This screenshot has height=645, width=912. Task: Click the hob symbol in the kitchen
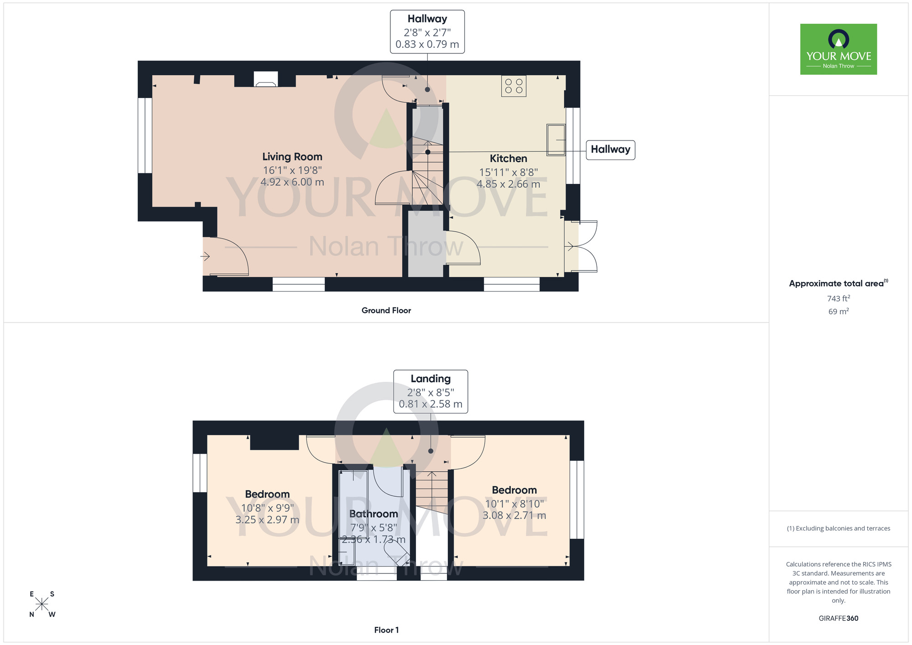[513, 86]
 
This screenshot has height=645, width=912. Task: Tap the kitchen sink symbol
[556, 140]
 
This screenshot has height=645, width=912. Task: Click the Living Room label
[292, 157]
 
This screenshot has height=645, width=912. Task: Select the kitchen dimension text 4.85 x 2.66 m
[508, 184]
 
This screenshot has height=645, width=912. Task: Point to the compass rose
[42, 604]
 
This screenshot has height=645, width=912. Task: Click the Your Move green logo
[838, 49]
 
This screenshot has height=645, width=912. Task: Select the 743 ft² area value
[838, 298]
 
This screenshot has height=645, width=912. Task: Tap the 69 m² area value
[838, 312]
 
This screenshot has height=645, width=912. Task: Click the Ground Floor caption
[386, 311]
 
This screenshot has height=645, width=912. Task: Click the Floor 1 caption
[386, 630]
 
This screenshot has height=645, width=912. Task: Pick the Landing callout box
[430, 391]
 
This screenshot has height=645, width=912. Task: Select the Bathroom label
[373, 514]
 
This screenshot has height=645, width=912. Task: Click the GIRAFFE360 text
[838, 619]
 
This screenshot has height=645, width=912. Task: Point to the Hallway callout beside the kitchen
[610, 150]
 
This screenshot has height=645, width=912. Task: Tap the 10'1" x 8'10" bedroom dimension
[514, 504]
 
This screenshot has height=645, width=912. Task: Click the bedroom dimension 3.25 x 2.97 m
[267, 520]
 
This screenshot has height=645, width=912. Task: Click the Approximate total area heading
[838, 283]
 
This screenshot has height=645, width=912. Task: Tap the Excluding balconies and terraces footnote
[838, 529]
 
